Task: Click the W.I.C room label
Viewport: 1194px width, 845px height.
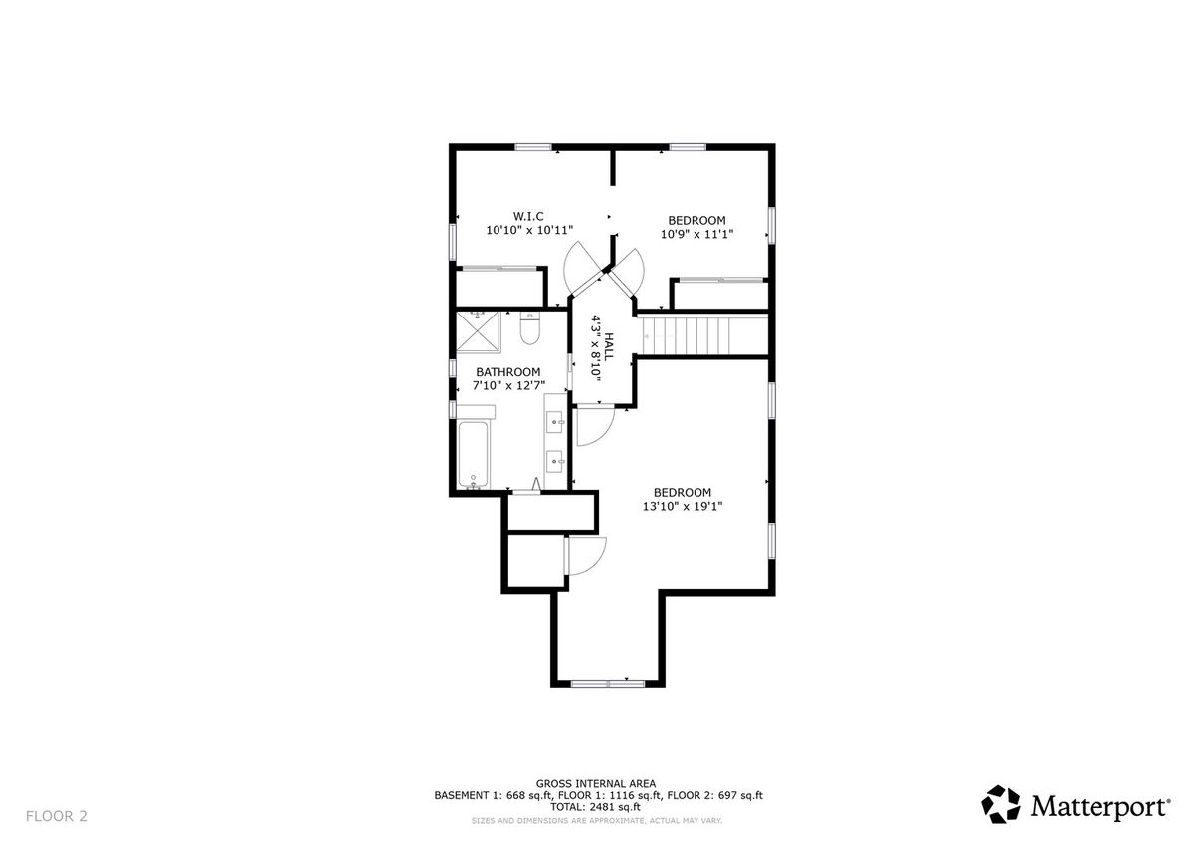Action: (x=528, y=216)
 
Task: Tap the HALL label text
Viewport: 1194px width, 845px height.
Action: (x=609, y=347)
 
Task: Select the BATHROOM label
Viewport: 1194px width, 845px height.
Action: (x=508, y=372)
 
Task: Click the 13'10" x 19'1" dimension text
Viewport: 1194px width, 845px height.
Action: (x=683, y=506)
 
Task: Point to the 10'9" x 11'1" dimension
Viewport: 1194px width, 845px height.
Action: (x=696, y=234)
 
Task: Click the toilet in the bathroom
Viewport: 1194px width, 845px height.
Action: (x=529, y=327)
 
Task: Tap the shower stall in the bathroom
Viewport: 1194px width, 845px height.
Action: (x=479, y=331)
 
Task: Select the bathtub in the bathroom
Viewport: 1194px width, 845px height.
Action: (x=473, y=454)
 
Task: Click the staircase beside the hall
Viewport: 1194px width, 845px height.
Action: (x=702, y=335)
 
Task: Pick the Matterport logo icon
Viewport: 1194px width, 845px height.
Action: (x=1001, y=804)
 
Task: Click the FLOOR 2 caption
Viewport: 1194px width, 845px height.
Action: (x=56, y=816)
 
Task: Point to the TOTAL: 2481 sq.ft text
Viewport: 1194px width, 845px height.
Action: (x=595, y=807)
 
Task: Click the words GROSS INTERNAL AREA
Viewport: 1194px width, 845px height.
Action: (x=596, y=783)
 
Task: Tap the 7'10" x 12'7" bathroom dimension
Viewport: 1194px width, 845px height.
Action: (x=508, y=385)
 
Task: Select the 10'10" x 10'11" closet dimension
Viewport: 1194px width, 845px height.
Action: (x=529, y=230)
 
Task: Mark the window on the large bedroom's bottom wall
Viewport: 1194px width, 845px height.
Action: (x=608, y=684)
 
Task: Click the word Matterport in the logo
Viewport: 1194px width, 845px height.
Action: (x=1100, y=806)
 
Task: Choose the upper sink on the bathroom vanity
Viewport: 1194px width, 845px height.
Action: (x=555, y=422)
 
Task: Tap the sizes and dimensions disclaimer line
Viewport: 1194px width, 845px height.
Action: (x=596, y=821)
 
